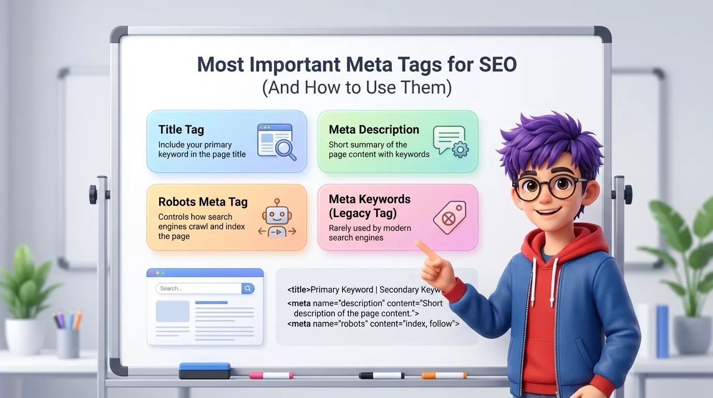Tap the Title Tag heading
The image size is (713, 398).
click(181, 130)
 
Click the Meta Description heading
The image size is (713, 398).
click(374, 130)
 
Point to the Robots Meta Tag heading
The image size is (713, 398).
click(203, 202)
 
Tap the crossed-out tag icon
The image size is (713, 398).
click(449, 217)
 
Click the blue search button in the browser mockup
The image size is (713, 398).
click(248, 289)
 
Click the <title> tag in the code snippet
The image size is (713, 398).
click(298, 290)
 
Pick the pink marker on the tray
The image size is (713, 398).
click(271, 375)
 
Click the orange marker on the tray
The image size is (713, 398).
click(444, 375)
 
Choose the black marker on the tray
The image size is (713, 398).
click(381, 375)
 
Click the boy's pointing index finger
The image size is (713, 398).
click(423, 248)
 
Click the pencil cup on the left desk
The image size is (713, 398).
click(68, 343)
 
